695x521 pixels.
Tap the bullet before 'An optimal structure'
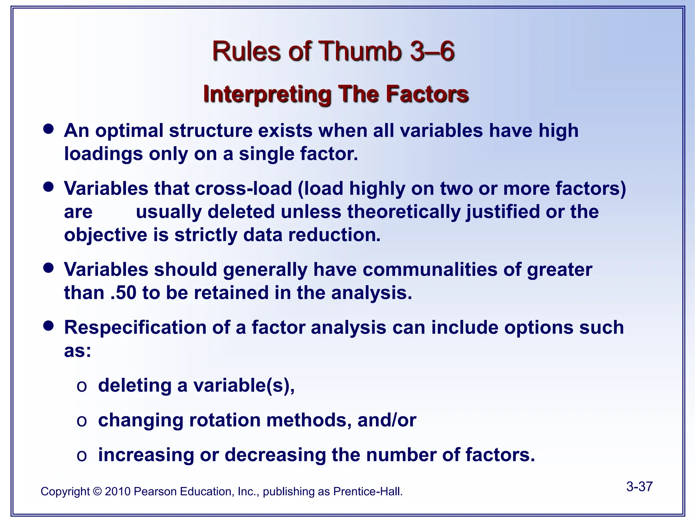(49, 129)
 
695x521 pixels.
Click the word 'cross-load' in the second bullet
(243, 188)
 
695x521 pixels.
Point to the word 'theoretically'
(404, 212)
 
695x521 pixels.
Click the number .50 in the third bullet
(124, 293)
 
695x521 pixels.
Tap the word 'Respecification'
(135, 328)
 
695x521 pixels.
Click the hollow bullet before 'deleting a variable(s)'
(82, 386)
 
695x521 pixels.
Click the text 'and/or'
(387, 420)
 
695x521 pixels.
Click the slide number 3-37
(639, 486)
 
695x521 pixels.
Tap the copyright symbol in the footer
(97, 491)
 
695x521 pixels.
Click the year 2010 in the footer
(117, 491)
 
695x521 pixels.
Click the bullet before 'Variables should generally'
(49, 268)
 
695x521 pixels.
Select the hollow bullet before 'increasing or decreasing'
(82, 456)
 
